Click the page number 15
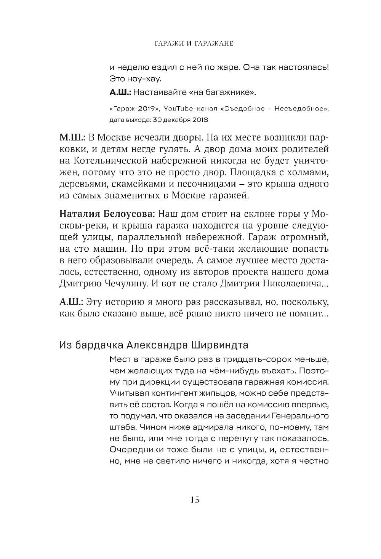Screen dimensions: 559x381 [194, 500]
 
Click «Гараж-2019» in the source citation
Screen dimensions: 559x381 [127, 109]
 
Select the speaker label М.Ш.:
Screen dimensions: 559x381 [71, 137]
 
